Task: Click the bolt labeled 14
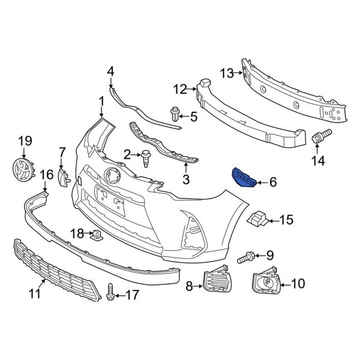point(319,138)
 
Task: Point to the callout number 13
point(226,73)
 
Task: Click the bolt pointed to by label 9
point(245,259)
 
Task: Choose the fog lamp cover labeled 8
point(215,280)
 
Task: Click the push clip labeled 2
point(146,157)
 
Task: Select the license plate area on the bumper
point(110,199)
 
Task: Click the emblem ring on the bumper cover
point(112,176)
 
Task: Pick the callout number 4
point(110,72)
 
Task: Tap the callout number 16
point(46,175)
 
